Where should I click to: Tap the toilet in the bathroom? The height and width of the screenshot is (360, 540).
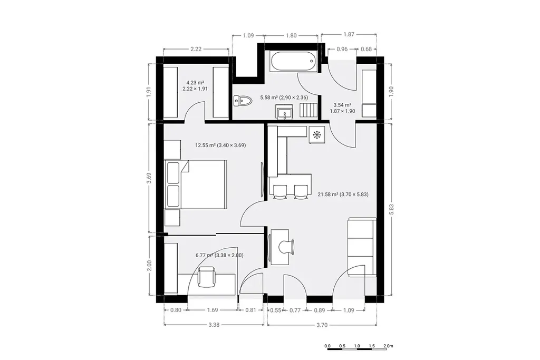pos(243,101)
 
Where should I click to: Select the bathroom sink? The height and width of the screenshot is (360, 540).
pos(284,112)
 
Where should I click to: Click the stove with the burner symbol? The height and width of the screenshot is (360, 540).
pos(316,134)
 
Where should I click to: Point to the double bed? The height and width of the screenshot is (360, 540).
pos(196,184)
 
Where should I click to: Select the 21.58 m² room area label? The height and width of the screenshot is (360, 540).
pos(343,194)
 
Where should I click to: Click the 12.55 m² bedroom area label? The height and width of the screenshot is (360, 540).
pos(220,145)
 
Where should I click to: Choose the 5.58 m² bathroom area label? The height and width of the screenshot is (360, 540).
pos(284,98)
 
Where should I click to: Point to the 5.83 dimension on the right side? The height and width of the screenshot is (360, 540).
pos(391,209)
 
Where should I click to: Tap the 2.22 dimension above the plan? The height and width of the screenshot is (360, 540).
pos(196,49)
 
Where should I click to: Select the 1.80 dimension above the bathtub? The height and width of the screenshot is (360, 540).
pos(291,35)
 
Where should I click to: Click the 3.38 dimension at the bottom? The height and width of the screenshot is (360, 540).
pos(214,325)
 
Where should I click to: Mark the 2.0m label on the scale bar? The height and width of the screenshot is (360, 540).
pos(388,346)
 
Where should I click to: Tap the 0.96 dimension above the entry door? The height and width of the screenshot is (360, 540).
pos(342,49)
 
